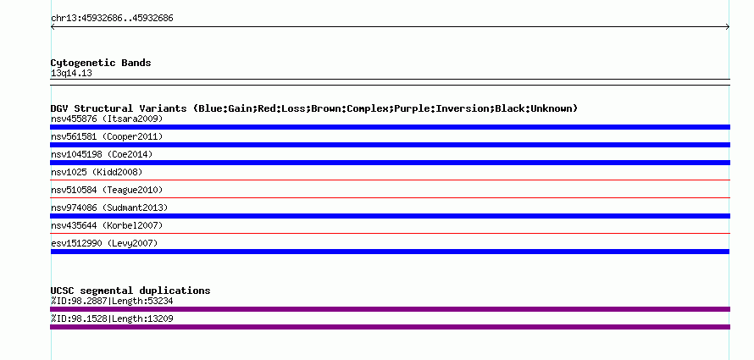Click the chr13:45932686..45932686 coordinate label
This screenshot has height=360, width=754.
[x=112, y=19]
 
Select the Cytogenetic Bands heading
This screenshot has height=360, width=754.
[x=101, y=63]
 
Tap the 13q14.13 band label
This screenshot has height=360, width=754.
[x=71, y=74]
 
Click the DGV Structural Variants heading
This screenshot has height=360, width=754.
[x=314, y=108]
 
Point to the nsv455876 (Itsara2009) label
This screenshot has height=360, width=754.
[x=107, y=119]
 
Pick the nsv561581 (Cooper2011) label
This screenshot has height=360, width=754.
[x=107, y=136]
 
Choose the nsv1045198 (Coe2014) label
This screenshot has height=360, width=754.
[x=102, y=154]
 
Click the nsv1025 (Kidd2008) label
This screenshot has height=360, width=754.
[x=97, y=172]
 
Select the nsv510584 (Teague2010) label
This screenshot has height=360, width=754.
[x=107, y=190]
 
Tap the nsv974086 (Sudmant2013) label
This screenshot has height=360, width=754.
[x=109, y=208]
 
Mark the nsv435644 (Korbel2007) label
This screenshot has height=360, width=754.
[x=107, y=225]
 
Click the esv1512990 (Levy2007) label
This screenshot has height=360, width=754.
[x=104, y=243]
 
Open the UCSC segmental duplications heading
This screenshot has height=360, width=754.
[x=130, y=291]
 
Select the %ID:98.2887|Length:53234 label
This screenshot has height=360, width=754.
[x=112, y=302]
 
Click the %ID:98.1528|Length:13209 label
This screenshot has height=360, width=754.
[x=112, y=319]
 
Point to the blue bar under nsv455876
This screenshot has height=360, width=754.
[x=390, y=127]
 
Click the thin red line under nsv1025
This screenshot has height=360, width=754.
[x=390, y=180]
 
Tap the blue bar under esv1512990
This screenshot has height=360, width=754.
[x=390, y=252]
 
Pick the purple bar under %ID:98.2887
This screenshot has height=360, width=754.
[x=390, y=309]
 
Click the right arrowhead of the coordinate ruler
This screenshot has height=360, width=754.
[x=728, y=27]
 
